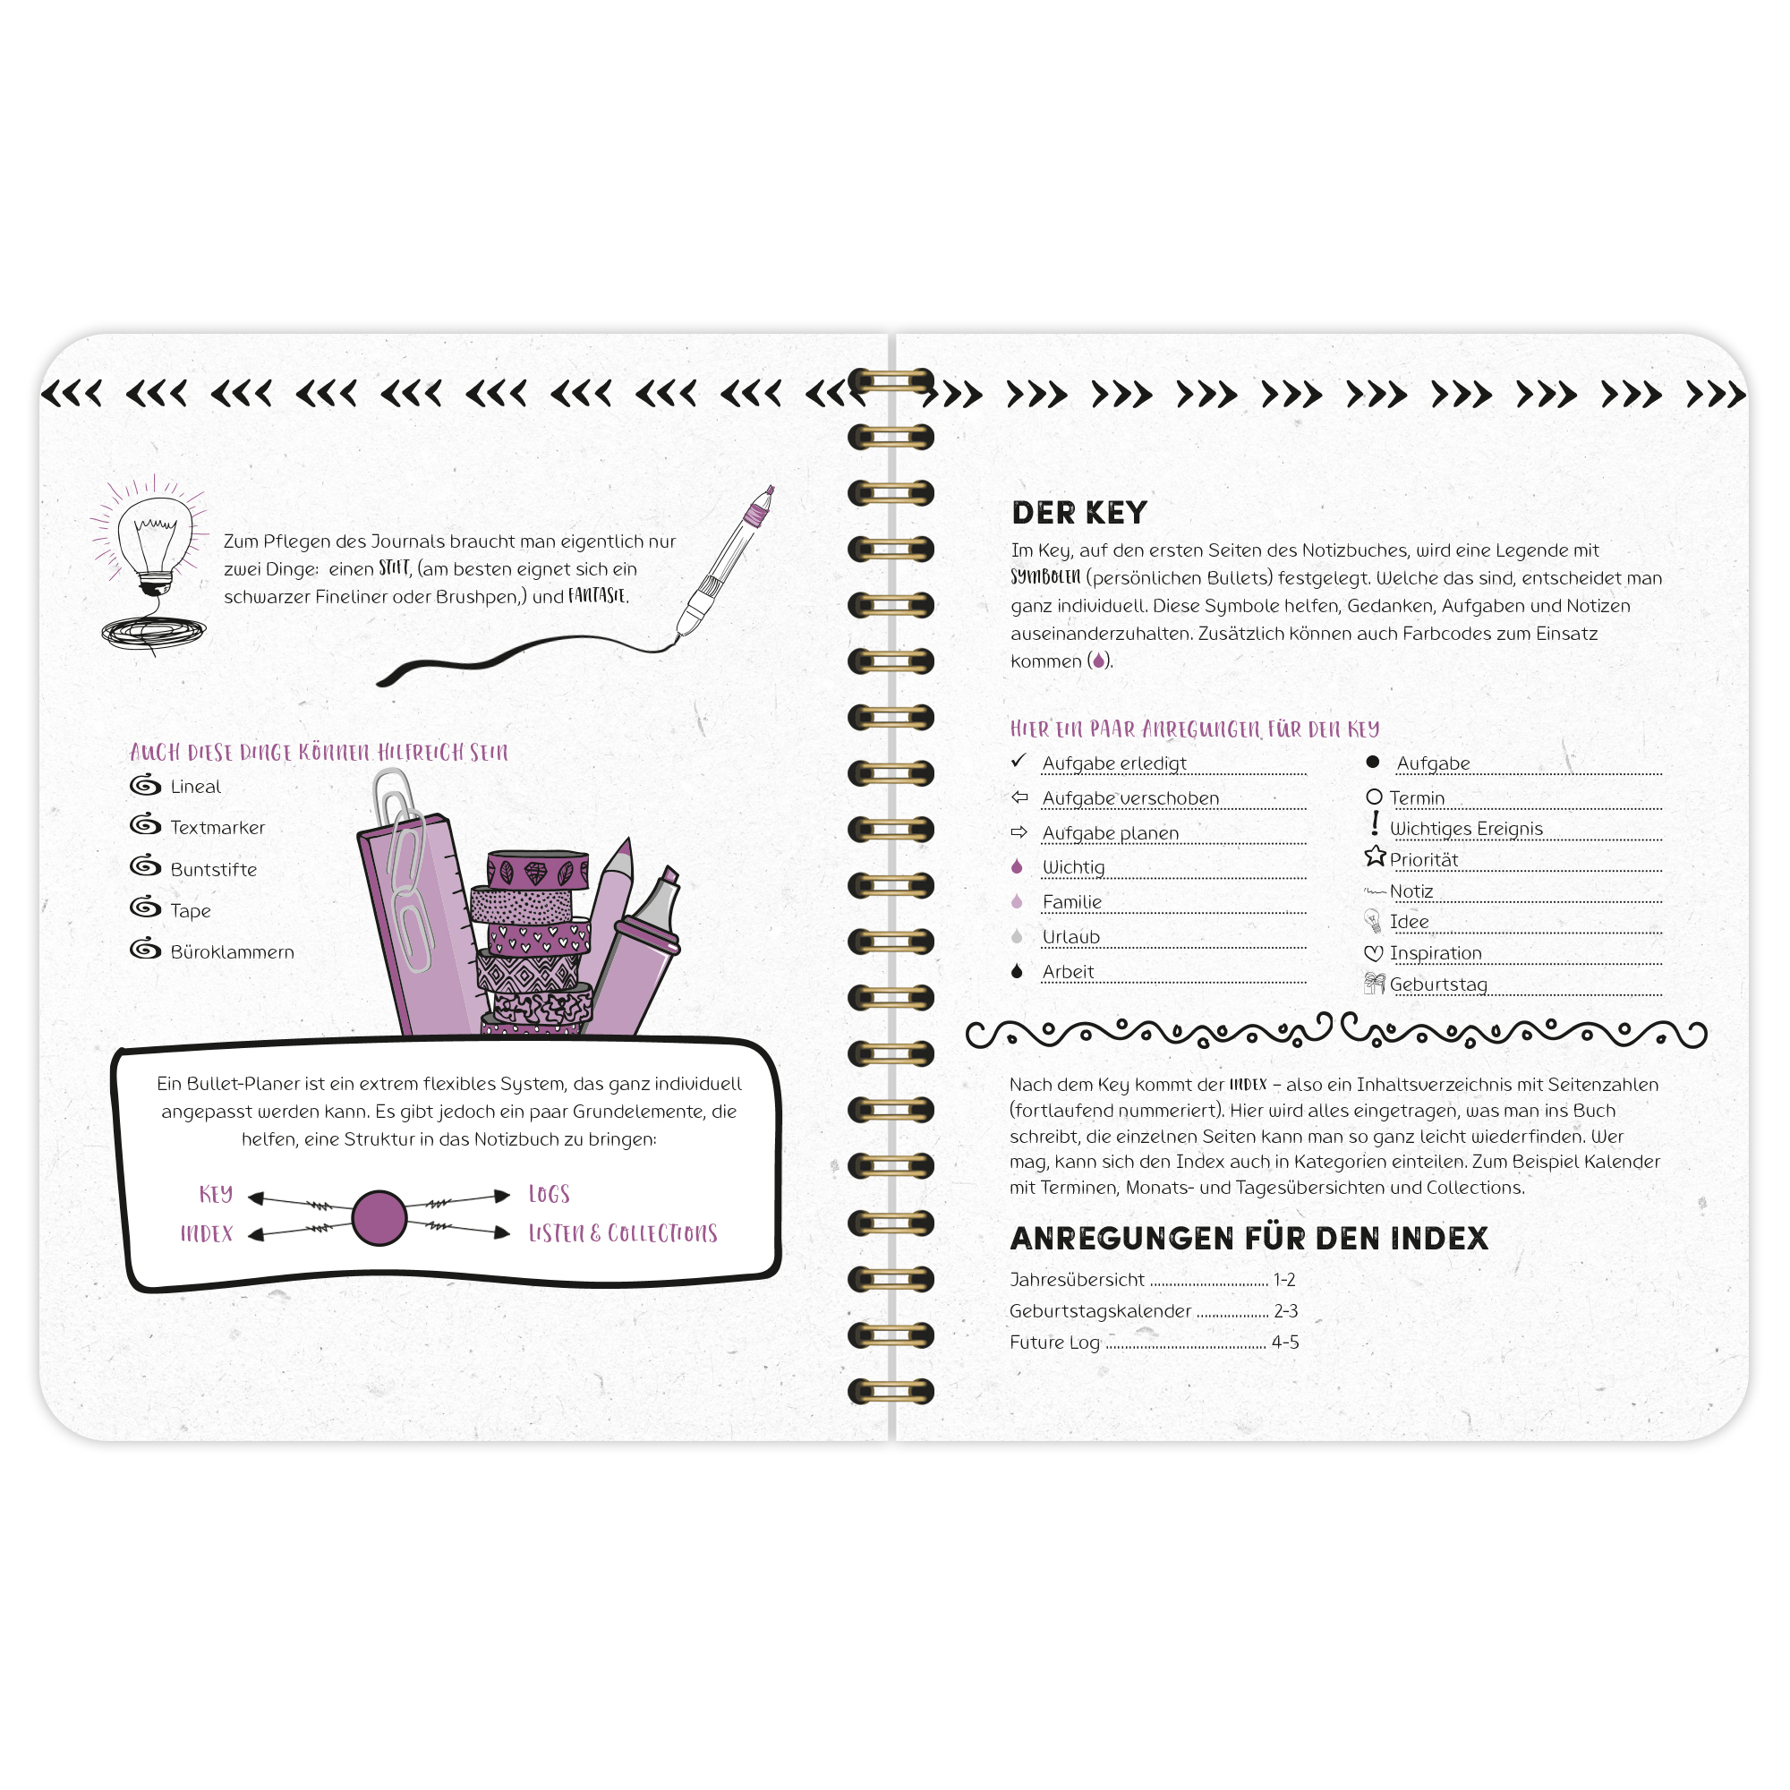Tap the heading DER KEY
pos(1079,512)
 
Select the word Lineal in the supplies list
pos(195,787)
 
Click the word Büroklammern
pos(233,951)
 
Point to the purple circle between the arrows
pos(379,1217)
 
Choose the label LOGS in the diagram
pos(550,1194)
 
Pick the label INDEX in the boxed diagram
pos(207,1233)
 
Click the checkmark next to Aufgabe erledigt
pos(1019,761)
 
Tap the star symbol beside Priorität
pos(1375,857)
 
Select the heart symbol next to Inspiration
pos(1373,953)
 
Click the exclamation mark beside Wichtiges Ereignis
pos(1375,823)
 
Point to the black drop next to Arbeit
pos(1018,971)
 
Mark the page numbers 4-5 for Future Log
pos(1285,1342)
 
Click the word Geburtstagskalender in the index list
pos(1101,1311)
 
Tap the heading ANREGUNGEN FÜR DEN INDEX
pos(1249,1239)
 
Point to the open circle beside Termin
pos(1374,797)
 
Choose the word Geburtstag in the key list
pos(1438,984)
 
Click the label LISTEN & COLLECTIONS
pos(623,1233)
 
